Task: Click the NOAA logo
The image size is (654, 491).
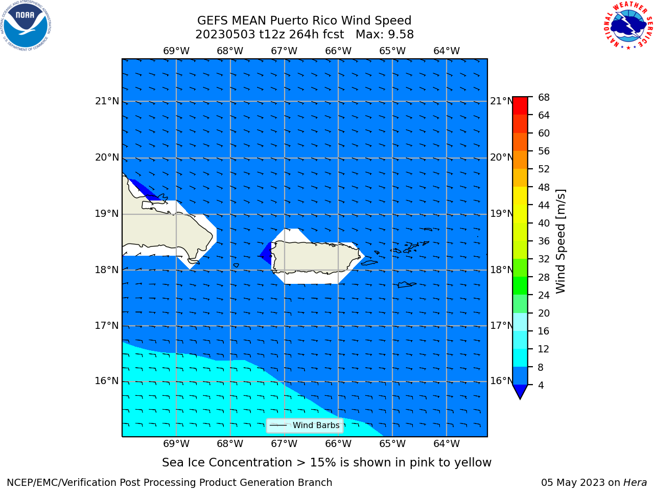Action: pyautogui.click(x=26, y=26)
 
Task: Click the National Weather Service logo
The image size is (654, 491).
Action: pyautogui.click(x=628, y=26)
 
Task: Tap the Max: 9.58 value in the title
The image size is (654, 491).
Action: pyautogui.click(x=385, y=35)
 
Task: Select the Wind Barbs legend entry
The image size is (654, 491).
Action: pyautogui.click(x=305, y=425)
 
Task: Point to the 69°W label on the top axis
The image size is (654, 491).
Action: pyautogui.click(x=176, y=51)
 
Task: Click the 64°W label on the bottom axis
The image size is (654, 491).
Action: pyautogui.click(x=447, y=444)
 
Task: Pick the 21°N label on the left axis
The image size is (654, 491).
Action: pyautogui.click(x=107, y=101)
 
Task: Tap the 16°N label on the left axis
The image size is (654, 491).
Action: pyautogui.click(x=107, y=381)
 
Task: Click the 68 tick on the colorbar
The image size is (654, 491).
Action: pyautogui.click(x=544, y=98)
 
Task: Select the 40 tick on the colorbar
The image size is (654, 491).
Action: pyautogui.click(x=544, y=224)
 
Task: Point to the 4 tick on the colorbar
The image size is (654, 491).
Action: pyautogui.click(x=541, y=385)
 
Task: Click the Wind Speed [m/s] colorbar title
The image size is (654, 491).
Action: pyautogui.click(x=560, y=241)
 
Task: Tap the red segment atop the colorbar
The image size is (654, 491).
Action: pyautogui.click(x=520, y=106)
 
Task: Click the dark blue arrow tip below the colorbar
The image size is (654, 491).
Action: pyautogui.click(x=520, y=398)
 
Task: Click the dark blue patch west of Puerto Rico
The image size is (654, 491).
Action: pyautogui.click(x=266, y=253)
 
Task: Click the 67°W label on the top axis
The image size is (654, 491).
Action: pyautogui.click(x=284, y=51)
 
